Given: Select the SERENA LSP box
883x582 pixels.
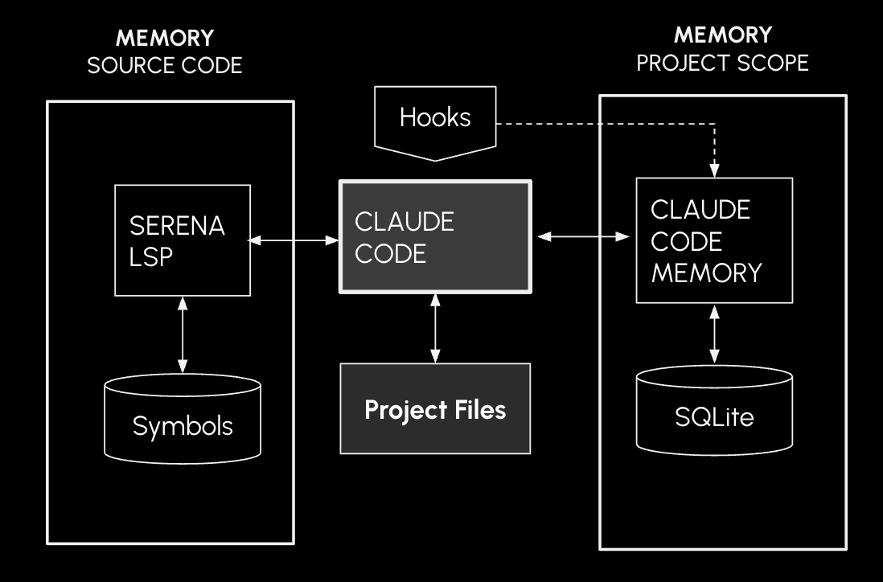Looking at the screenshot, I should pyautogui.click(x=182, y=240).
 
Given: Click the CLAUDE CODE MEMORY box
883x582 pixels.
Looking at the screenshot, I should pyautogui.click(x=713, y=240).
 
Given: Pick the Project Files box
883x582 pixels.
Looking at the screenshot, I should pyautogui.click(x=435, y=408).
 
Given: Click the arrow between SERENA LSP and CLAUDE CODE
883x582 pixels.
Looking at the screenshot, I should pyautogui.click(x=294, y=240).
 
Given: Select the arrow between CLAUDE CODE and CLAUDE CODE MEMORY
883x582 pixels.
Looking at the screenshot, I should pyautogui.click(x=583, y=236).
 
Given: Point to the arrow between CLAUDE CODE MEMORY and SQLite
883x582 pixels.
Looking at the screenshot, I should pyautogui.click(x=713, y=336).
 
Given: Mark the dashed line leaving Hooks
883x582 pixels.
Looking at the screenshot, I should pyautogui.click(x=603, y=124).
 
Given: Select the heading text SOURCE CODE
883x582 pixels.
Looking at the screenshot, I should pyautogui.click(x=164, y=65).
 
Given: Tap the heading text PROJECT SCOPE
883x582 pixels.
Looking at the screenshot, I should pyautogui.click(x=722, y=63).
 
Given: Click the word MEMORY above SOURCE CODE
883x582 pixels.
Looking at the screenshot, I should pyautogui.click(x=164, y=38).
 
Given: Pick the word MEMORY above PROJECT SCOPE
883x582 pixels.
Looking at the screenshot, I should pyautogui.click(x=722, y=35).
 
